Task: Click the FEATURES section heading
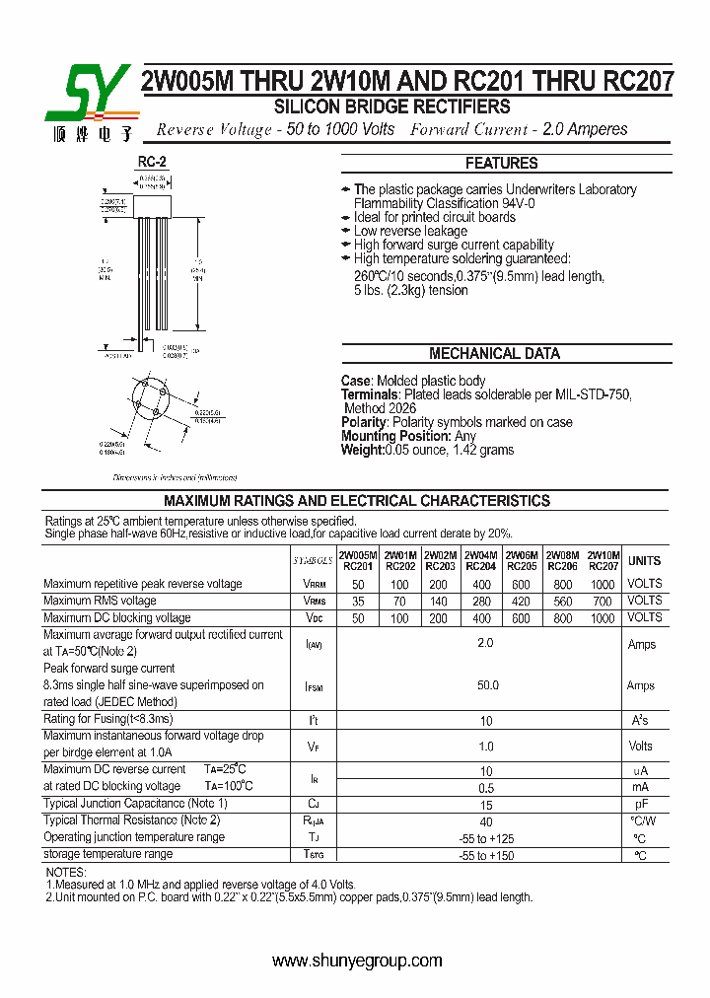click(x=501, y=164)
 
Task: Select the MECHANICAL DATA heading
click(x=494, y=353)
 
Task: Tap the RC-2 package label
click(x=152, y=162)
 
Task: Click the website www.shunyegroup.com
click(x=357, y=961)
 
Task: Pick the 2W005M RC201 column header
click(x=357, y=561)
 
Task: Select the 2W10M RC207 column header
click(x=603, y=561)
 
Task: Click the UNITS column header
click(x=645, y=560)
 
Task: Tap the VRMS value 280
click(x=480, y=601)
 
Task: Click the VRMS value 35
click(x=357, y=601)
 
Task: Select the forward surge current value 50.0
click(x=487, y=684)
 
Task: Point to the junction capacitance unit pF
click(x=641, y=804)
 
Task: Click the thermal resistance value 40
click(x=486, y=820)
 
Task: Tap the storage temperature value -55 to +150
click(x=486, y=855)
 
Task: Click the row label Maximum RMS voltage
click(x=100, y=601)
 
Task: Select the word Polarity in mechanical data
click(x=363, y=422)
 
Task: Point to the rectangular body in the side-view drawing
click(x=152, y=204)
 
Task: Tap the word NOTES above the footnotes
click(x=66, y=873)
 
